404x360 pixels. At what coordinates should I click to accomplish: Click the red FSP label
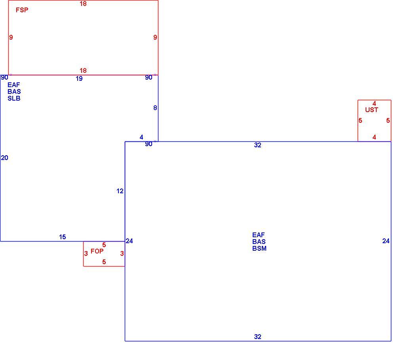pos(22,10)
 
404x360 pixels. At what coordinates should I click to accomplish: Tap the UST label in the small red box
pos(372,110)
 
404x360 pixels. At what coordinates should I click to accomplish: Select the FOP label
pos(97,251)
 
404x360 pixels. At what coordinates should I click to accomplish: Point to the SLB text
pos(14,99)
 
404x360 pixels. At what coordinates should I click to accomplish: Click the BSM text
pos(259,248)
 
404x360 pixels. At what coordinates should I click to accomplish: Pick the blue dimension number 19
pos(79,78)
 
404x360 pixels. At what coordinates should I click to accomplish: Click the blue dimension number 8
pos(155,108)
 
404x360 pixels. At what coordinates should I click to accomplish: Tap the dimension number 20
pos(5,158)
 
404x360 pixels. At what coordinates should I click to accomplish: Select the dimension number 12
pos(120,191)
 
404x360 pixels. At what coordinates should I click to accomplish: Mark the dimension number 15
pos(62,237)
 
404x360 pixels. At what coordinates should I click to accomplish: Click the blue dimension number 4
pos(141,137)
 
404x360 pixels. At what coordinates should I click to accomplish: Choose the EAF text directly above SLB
pos(13,85)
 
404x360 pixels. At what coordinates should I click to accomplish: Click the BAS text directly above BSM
pos(259,242)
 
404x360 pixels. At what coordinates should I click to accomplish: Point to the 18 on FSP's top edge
pos(83,4)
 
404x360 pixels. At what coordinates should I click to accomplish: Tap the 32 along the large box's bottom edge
pos(258,337)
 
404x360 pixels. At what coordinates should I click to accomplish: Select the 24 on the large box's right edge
pos(386,241)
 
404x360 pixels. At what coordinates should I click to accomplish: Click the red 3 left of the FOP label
pos(86,253)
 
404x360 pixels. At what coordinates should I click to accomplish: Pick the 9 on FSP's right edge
pos(155,37)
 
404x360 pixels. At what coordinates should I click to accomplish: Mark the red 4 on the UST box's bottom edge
pos(374,137)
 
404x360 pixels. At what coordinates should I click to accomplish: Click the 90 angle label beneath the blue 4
pos(149,144)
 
